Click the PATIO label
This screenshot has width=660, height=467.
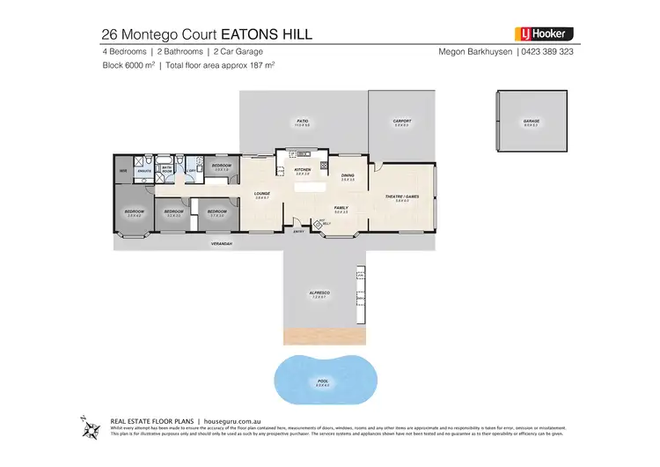click(x=301, y=121)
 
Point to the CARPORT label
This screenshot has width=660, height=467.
click(x=401, y=121)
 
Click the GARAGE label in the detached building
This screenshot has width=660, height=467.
click(x=531, y=121)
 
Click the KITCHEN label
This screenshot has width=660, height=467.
click(x=302, y=169)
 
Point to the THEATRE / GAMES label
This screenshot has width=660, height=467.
click(x=402, y=196)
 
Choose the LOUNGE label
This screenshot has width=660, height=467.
click(x=261, y=193)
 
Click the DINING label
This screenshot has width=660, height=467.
click(x=348, y=175)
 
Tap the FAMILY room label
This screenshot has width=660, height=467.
click(x=341, y=208)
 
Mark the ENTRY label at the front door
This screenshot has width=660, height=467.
click(x=299, y=232)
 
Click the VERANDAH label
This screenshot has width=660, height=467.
click(x=221, y=243)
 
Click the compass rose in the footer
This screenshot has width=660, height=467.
click(x=90, y=429)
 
